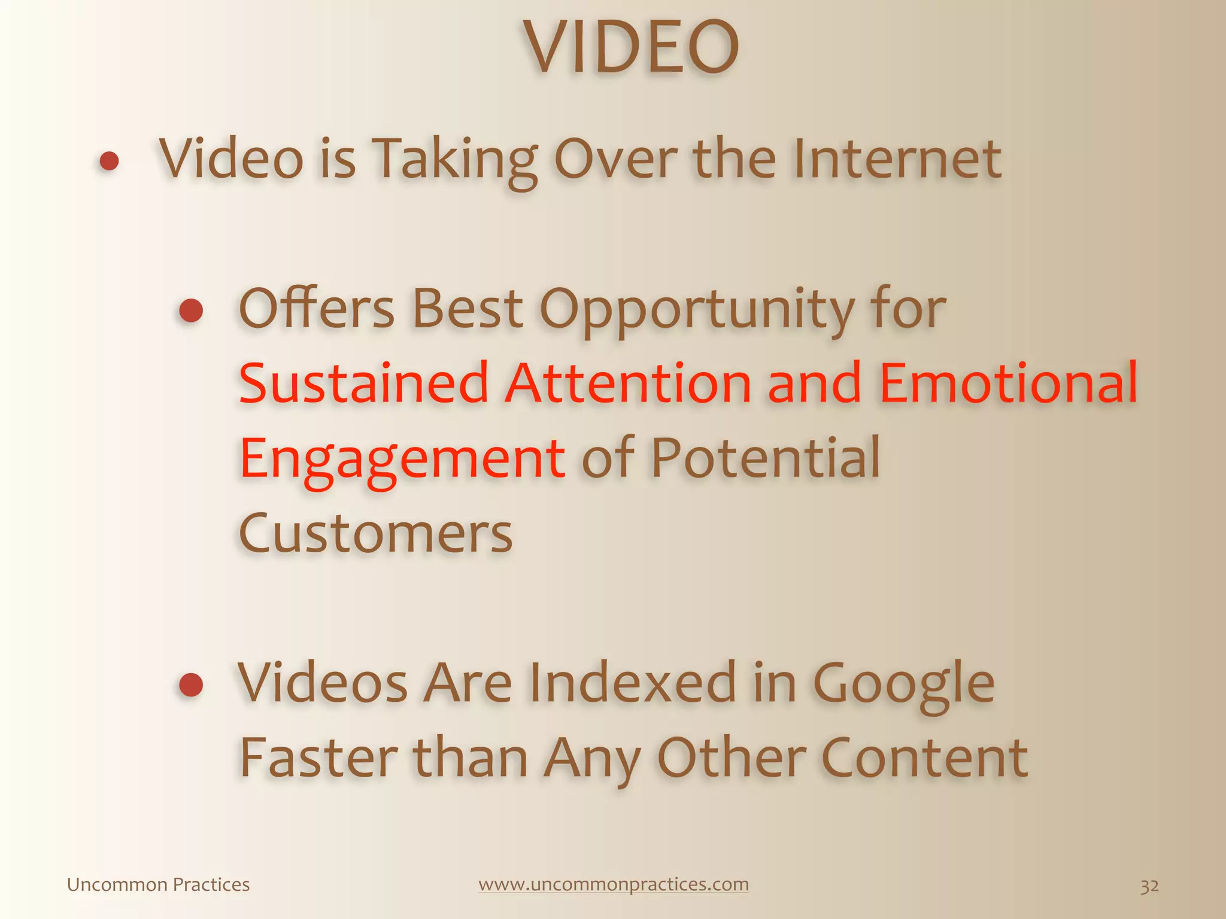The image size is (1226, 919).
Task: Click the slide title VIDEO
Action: [632, 48]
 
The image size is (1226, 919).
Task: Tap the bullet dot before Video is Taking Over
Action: [109, 161]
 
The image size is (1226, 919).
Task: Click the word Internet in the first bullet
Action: [897, 159]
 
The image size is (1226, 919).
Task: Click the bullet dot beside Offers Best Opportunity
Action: [191, 311]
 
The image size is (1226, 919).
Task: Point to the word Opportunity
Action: [697, 311]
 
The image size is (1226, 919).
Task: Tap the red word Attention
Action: [628, 384]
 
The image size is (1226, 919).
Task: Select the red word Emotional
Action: [1008, 384]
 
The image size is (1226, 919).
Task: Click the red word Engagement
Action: [402, 459]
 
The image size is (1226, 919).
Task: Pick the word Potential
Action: [766, 458]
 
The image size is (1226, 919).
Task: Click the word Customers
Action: [375, 533]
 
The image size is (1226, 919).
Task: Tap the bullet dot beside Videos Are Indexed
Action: [191, 684]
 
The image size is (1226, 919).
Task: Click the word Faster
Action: [318, 759]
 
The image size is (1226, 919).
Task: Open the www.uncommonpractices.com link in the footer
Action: [614, 884]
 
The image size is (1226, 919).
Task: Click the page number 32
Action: [1149, 885]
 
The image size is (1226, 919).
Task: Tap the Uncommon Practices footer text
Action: [158, 884]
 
